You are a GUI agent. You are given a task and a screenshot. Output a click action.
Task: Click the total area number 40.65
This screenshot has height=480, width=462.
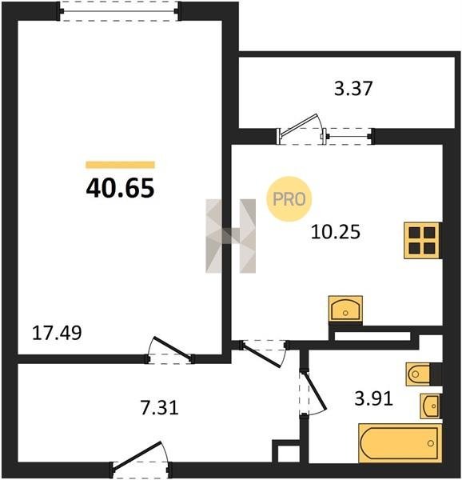click(x=120, y=188)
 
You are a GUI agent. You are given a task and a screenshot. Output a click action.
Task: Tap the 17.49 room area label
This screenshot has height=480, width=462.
click(x=57, y=333)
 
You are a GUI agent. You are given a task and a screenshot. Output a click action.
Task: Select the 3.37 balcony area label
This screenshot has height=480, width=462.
click(x=353, y=88)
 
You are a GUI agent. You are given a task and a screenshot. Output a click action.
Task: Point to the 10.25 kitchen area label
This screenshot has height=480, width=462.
click(x=336, y=232)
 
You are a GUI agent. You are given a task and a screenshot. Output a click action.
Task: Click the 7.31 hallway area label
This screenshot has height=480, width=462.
click(x=160, y=408)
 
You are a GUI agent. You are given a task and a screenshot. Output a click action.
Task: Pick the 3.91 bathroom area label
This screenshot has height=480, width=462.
click(x=373, y=399)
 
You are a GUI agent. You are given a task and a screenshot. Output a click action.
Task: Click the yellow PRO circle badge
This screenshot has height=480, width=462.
click(x=289, y=199)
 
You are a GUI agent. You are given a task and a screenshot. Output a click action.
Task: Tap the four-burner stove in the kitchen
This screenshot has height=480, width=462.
click(x=423, y=241)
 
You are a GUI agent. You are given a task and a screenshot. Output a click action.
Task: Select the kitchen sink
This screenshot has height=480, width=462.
click(x=345, y=309)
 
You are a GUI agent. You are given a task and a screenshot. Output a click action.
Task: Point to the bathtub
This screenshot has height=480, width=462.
click(x=400, y=443)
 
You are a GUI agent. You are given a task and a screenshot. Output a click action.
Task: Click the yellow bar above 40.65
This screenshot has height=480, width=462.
click(x=120, y=165)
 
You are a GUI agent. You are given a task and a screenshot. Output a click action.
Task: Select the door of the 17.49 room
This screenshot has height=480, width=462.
click(x=169, y=350)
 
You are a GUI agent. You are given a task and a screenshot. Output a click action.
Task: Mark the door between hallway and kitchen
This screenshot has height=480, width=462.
click(x=264, y=353)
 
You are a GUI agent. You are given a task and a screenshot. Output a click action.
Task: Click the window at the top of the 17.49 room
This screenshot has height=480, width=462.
click(x=119, y=11)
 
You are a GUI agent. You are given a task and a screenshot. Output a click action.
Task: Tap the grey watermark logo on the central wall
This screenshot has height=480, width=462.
click(x=230, y=236)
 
